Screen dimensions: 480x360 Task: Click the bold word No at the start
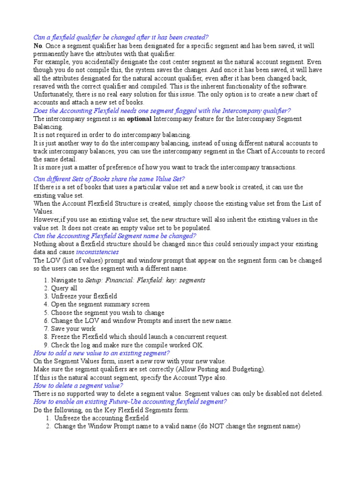(x=37, y=46)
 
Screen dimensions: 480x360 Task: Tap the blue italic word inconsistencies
(x=97, y=252)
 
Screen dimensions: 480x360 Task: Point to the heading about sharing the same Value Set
(x=109, y=179)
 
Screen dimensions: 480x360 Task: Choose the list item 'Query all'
(x=64, y=288)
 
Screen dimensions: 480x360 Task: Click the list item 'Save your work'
(x=73, y=329)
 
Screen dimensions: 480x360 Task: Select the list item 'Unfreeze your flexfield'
(x=84, y=296)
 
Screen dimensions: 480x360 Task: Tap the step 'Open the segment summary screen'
(x=100, y=304)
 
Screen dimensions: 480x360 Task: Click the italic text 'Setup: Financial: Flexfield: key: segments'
(x=146, y=280)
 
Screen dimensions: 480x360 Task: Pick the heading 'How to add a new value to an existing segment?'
(x=101, y=353)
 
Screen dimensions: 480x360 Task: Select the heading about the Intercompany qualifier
(x=162, y=111)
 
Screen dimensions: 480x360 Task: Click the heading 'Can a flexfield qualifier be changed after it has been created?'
(x=121, y=37)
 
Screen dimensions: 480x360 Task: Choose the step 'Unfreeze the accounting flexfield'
(x=101, y=418)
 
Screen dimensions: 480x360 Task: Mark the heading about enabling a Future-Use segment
(x=130, y=402)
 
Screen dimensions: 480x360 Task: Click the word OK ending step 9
(x=199, y=345)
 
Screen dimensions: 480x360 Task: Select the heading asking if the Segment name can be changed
(x=115, y=236)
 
